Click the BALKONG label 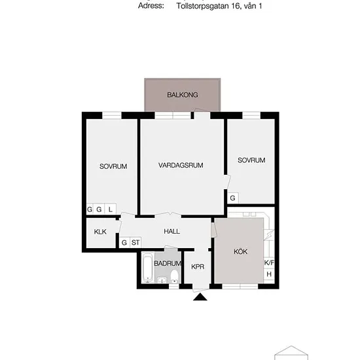click(x=183, y=95)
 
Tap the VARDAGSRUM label click(x=181, y=166)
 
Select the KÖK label click(x=240, y=251)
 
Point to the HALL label click(x=171, y=231)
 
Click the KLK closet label click(x=100, y=232)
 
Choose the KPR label click(x=198, y=266)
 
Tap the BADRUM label click(x=168, y=263)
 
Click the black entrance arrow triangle click(x=200, y=297)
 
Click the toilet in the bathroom click(x=175, y=276)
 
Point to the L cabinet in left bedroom click(x=111, y=209)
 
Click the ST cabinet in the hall click(x=135, y=242)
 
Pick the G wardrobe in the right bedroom click(x=233, y=198)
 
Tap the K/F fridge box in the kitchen click(x=269, y=262)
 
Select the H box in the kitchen click(x=269, y=274)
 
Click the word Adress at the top click(x=151, y=6)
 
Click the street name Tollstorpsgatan click(x=203, y=6)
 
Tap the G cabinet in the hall click(x=124, y=242)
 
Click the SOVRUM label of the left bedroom click(x=113, y=166)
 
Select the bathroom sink click(x=162, y=280)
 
